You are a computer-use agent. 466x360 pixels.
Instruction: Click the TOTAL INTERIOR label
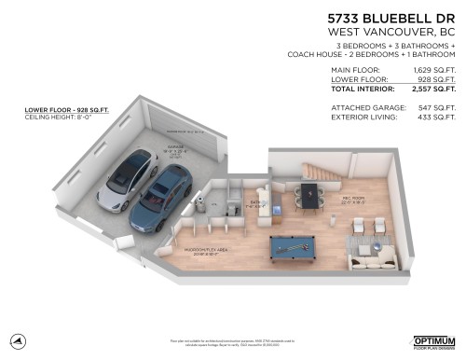[363, 90]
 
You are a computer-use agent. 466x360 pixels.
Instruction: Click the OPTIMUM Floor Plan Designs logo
[434, 342]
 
